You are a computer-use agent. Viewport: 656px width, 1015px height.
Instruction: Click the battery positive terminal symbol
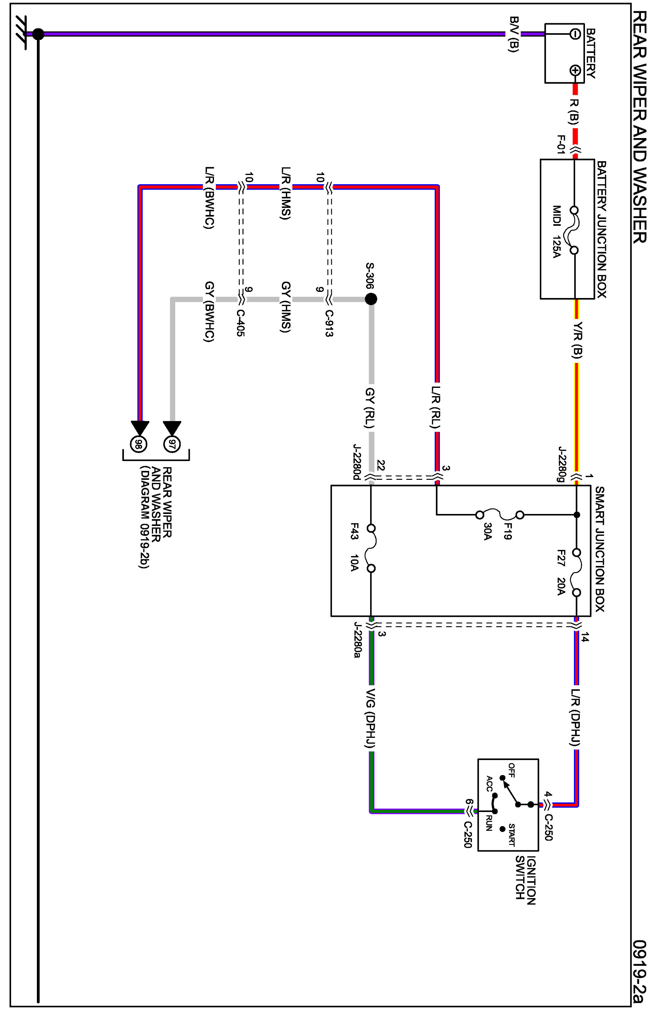pyautogui.click(x=575, y=70)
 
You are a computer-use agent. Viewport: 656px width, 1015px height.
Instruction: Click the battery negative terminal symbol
pyautogui.click(x=575, y=34)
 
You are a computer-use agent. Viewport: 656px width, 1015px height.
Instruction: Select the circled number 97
pyautogui.click(x=172, y=444)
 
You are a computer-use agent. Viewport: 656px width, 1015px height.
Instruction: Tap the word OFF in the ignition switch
pyautogui.click(x=511, y=770)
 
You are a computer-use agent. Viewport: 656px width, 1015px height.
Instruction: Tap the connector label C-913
pyautogui.click(x=329, y=323)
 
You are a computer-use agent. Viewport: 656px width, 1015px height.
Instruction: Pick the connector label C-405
pyautogui.click(x=240, y=323)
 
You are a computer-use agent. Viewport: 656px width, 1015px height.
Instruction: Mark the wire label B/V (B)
pyautogui.click(x=514, y=34)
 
